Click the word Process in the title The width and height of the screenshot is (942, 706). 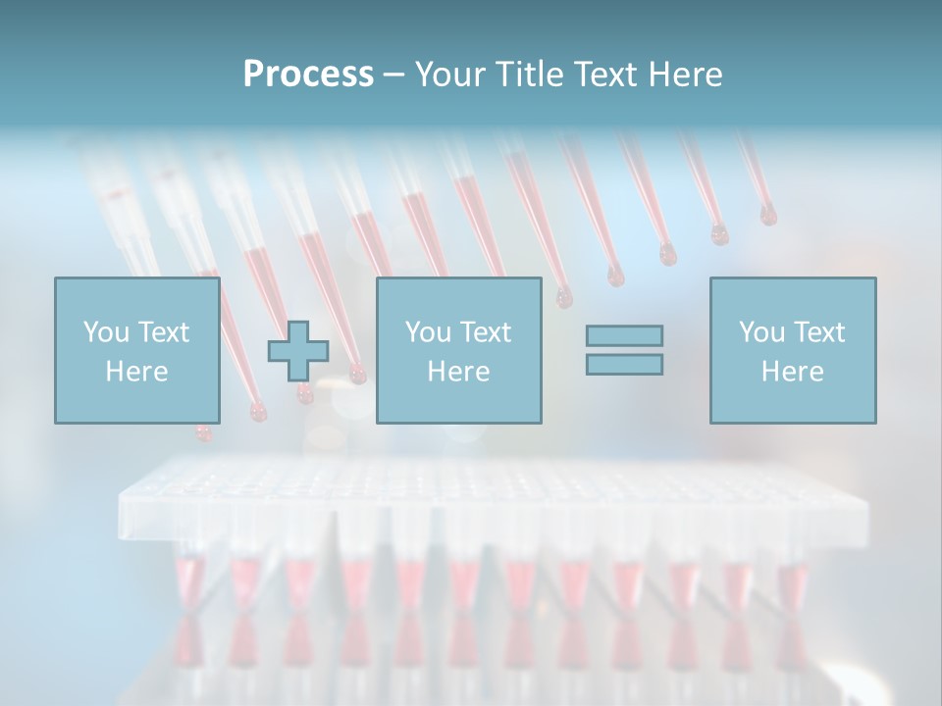pyautogui.click(x=308, y=75)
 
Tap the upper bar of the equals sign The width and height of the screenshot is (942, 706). pyautogui.click(x=624, y=336)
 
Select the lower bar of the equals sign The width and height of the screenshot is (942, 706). pyautogui.click(x=624, y=365)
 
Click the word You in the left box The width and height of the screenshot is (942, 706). pyautogui.click(x=106, y=332)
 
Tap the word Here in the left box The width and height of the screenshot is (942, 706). pyautogui.click(x=136, y=372)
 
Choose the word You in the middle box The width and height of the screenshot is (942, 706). pyautogui.click(x=428, y=332)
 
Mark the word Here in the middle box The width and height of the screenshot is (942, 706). pyautogui.click(x=458, y=372)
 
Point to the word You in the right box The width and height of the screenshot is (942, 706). pyautogui.click(x=761, y=332)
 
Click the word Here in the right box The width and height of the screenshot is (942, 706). pyautogui.click(x=792, y=372)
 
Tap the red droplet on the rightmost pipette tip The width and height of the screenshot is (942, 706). pyautogui.click(x=767, y=215)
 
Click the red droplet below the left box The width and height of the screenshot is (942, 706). pyautogui.click(x=203, y=432)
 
